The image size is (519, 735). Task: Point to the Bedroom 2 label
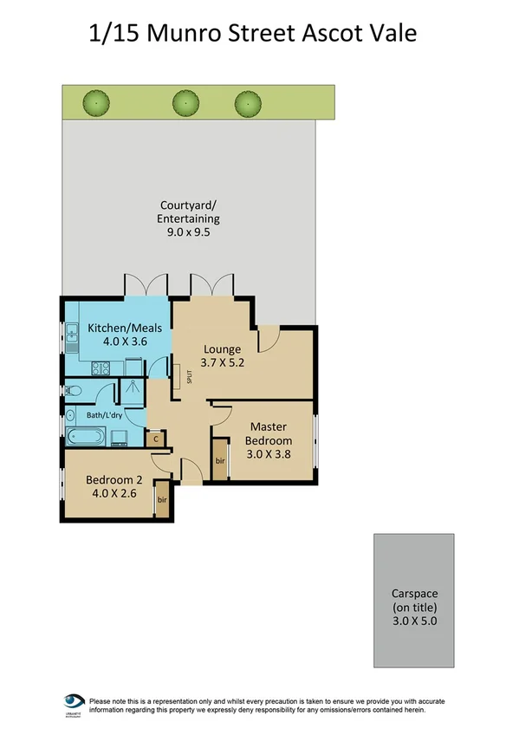(113, 479)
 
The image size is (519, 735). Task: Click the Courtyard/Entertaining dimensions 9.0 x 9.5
(188, 232)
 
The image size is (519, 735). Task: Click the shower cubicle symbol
(132, 391)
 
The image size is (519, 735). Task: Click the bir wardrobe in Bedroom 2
(162, 501)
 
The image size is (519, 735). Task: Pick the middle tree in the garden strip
(184, 102)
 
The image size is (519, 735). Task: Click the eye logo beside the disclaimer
(73, 701)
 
